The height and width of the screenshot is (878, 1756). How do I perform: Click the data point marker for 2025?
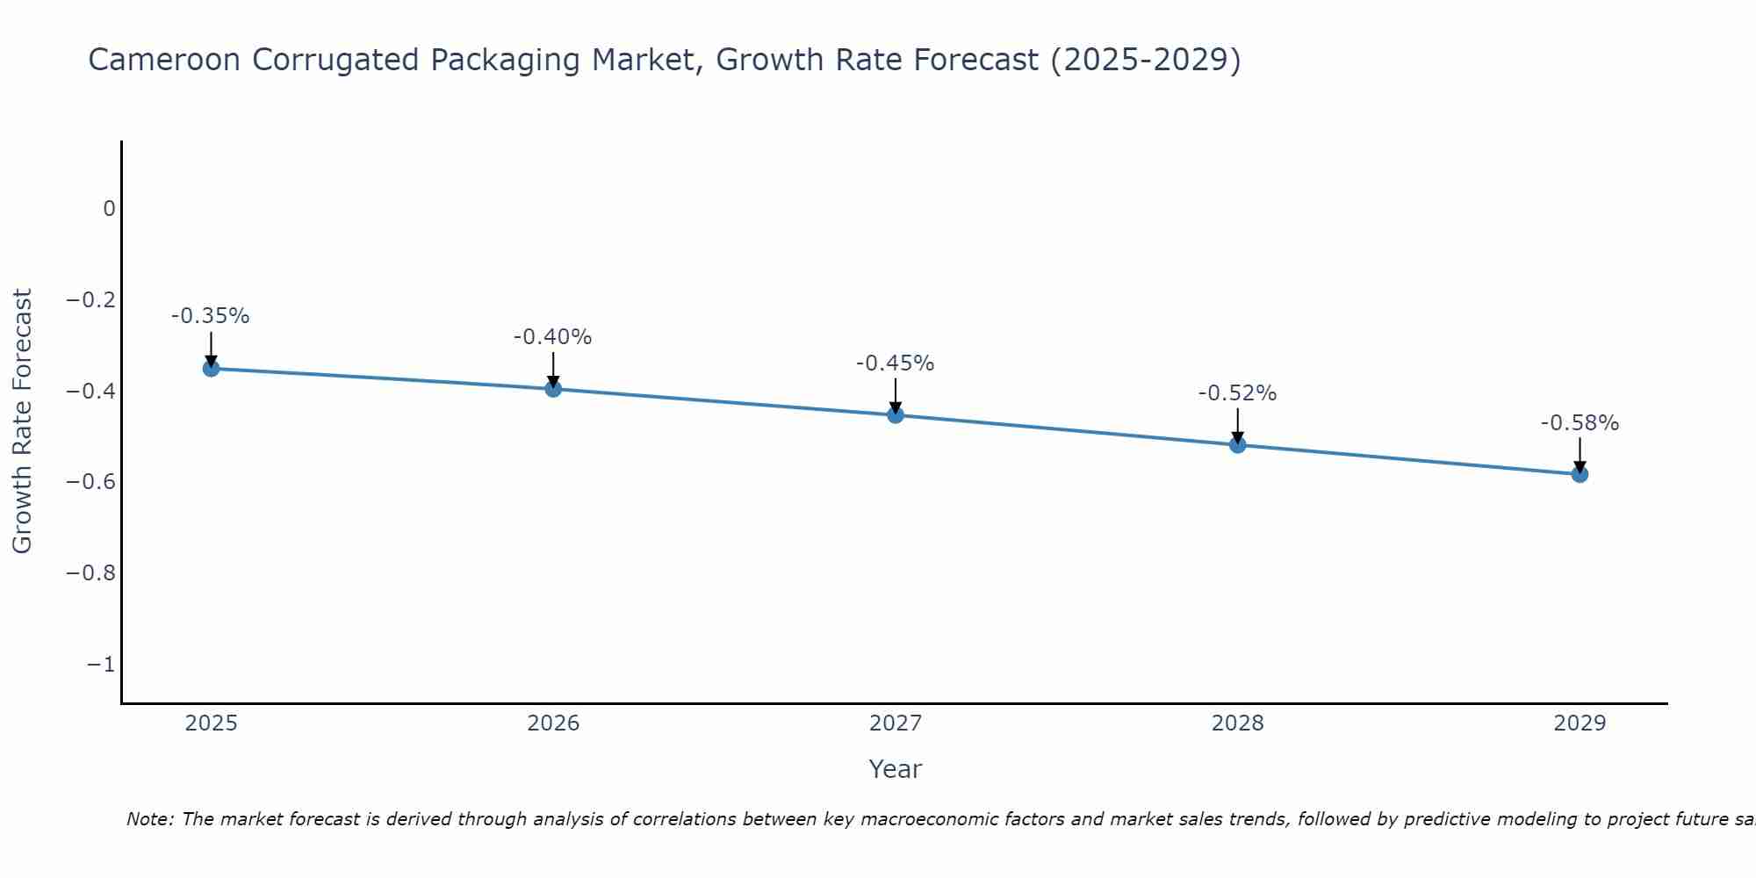[x=211, y=368]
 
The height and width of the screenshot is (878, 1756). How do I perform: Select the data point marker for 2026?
[x=553, y=388]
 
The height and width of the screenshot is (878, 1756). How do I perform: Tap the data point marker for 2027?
[x=896, y=414]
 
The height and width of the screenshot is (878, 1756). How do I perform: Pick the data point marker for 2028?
[x=1238, y=444]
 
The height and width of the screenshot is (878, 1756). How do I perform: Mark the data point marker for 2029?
[x=1580, y=474]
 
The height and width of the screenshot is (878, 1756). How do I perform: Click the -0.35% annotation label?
[x=211, y=316]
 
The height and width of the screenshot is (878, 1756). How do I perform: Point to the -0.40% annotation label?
[x=553, y=337]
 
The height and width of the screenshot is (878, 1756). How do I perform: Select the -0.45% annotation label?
[x=896, y=363]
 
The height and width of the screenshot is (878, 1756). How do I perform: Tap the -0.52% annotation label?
[x=1238, y=393]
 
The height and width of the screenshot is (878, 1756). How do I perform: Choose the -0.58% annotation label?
[x=1580, y=423]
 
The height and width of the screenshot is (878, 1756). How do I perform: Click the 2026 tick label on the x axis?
[x=553, y=723]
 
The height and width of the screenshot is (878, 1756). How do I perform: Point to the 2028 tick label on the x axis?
[x=1238, y=723]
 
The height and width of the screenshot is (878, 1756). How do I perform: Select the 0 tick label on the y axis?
[x=110, y=209]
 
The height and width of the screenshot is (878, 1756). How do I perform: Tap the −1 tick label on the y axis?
[x=101, y=665]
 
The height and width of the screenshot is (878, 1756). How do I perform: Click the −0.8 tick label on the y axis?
[x=91, y=573]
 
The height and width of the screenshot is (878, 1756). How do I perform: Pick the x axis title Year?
[x=896, y=769]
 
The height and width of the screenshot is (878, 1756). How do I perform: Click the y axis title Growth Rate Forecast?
[x=23, y=421]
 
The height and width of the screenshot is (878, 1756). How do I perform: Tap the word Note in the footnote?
[x=150, y=819]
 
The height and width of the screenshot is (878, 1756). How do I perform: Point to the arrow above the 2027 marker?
[x=896, y=395]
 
